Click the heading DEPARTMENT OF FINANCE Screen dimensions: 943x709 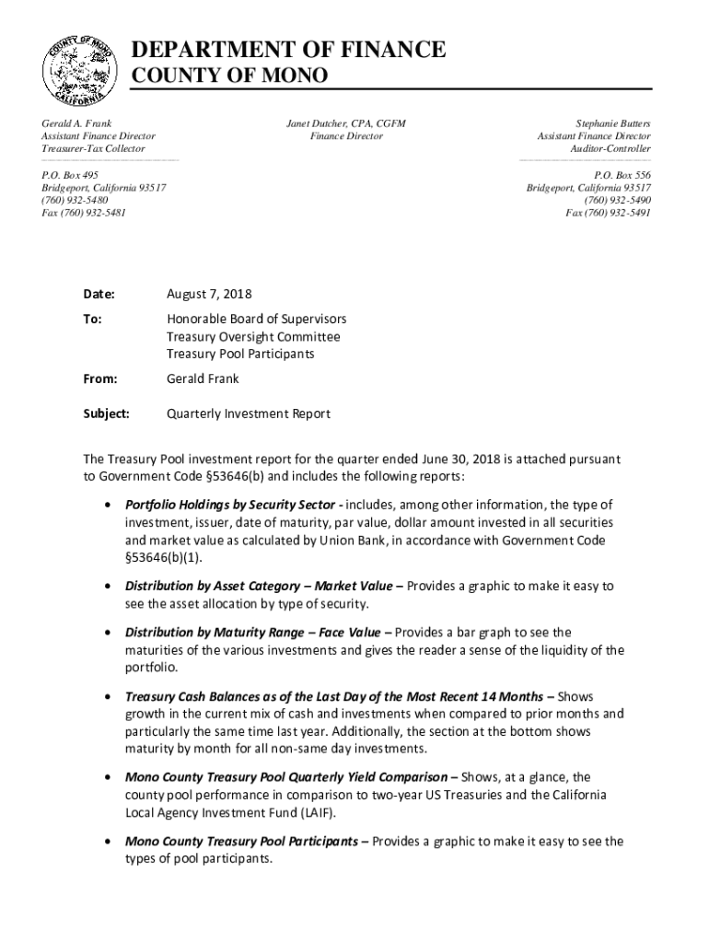290,50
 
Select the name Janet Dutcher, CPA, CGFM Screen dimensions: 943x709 346,123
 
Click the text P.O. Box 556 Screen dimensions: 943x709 622,174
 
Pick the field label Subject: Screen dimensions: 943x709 107,413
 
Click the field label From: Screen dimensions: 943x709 100,378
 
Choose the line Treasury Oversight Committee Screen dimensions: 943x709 253,337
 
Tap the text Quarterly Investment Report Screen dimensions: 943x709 248,413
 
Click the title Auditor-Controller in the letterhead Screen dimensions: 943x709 610,148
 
